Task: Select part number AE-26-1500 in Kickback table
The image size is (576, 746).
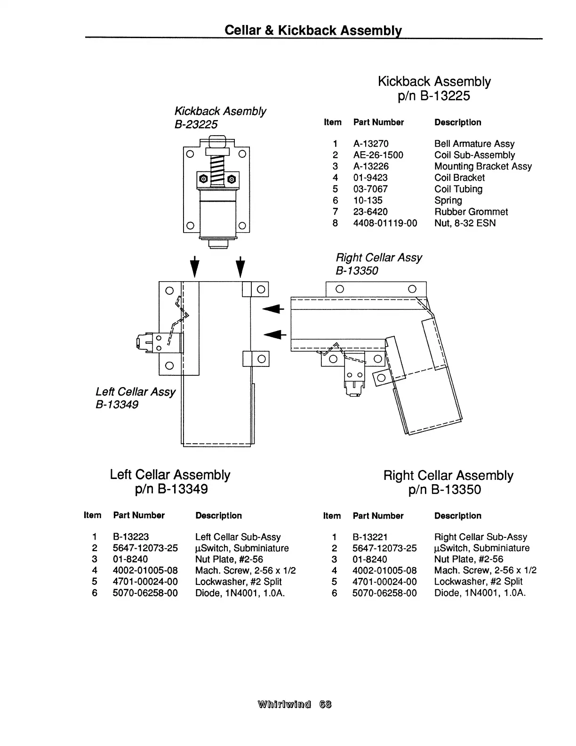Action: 378,155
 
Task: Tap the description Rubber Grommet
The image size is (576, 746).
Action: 471,212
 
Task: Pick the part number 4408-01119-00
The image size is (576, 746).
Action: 385,223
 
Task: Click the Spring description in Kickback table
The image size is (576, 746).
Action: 448,201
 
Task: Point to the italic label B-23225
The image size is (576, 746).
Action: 196,124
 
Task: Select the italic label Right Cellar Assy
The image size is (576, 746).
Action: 379,258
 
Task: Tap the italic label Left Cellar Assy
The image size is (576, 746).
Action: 135,392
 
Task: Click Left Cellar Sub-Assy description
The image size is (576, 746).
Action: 238,537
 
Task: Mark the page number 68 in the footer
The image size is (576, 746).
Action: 325,705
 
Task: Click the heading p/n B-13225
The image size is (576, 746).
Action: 434,96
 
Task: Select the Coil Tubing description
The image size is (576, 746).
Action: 458,189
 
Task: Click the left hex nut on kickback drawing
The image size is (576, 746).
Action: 203,178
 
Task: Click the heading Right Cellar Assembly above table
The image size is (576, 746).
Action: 448,475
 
